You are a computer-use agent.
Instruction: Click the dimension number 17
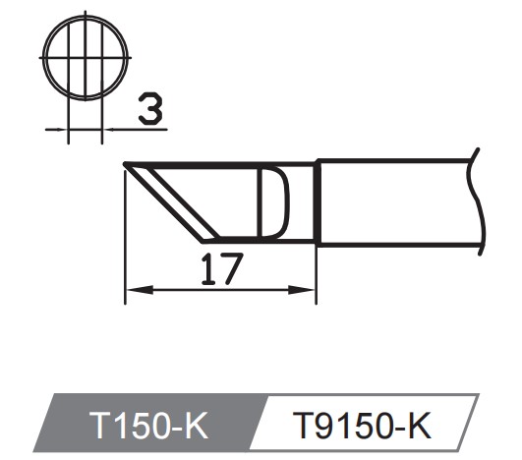[x=218, y=268]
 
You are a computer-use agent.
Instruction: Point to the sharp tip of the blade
[x=125, y=164]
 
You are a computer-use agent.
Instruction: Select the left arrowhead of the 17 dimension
[x=134, y=290]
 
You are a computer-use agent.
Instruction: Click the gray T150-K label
[x=147, y=425]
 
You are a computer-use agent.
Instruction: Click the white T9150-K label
[x=364, y=425]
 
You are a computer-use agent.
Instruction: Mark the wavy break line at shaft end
[x=480, y=201]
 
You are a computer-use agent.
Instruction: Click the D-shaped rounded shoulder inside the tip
[x=275, y=201]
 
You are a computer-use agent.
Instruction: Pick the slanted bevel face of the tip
[x=167, y=201]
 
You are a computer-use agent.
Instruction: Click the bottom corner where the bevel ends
[x=203, y=240]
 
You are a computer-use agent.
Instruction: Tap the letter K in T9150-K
[x=420, y=425]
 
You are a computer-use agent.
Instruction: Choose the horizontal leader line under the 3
[x=138, y=128]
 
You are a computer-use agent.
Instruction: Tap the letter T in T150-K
[x=98, y=425]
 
